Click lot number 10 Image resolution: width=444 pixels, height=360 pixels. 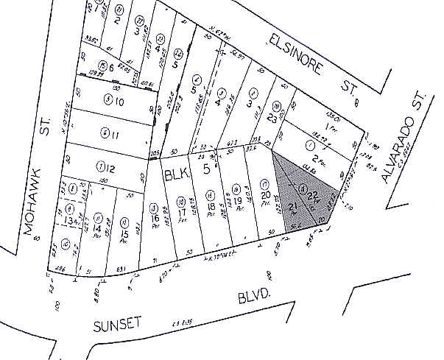(x=119, y=100)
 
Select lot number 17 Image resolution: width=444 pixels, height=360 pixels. (x=181, y=214)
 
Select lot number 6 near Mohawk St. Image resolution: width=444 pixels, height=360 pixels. (x=113, y=68)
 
